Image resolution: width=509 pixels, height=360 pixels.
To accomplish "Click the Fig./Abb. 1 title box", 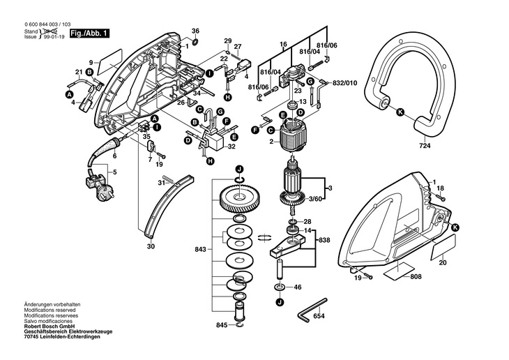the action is (x=90, y=33).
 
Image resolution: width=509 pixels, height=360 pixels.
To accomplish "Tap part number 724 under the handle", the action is (x=424, y=146).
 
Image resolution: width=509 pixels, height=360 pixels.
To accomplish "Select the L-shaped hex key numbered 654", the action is (x=312, y=310).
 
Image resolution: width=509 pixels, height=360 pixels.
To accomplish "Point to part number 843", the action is (x=200, y=250).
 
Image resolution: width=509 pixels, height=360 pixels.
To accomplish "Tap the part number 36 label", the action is (x=195, y=31).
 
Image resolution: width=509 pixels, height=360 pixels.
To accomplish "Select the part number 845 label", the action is (x=222, y=325).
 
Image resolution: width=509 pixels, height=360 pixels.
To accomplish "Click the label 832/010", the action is (x=344, y=83).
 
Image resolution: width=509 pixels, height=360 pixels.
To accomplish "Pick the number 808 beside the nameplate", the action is (x=416, y=276).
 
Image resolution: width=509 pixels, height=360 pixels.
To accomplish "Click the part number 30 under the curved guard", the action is (x=151, y=246).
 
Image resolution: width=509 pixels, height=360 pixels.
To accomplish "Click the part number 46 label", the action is (x=297, y=287).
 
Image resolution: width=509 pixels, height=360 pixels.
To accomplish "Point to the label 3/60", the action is (x=315, y=199).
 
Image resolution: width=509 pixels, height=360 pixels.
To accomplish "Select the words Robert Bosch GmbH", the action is (x=50, y=327).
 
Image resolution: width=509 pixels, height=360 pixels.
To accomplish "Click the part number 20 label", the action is (x=443, y=263).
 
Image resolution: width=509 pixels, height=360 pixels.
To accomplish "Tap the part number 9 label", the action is (x=91, y=63).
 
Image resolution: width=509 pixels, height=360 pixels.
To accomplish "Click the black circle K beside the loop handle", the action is (x=401, y=112).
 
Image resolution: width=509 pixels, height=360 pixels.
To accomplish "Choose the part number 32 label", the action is (x=231, y=147).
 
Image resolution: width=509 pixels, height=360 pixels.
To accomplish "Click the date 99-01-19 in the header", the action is (x=54, y=37).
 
